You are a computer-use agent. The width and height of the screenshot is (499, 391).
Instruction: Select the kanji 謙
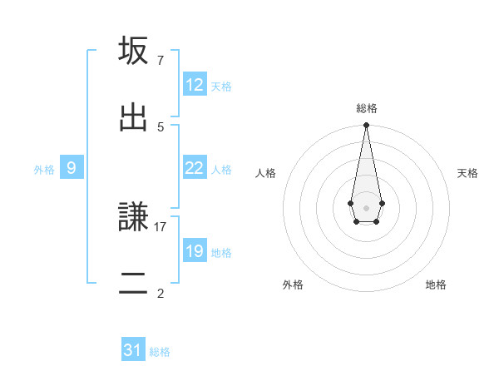click(134, 216)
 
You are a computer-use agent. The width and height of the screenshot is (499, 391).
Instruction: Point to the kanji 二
click(134, 283)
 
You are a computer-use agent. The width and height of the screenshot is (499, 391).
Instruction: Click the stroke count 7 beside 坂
click(161, 61)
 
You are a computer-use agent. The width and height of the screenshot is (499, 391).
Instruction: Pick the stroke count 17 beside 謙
click(161, 226)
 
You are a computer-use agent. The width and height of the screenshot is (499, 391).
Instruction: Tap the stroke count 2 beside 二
click(161, 293)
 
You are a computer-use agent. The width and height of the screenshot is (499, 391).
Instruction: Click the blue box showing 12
click(195, 85)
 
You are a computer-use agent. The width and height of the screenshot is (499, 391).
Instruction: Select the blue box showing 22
click(195, 168)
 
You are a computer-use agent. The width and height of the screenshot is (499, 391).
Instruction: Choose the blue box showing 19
click(195, 251)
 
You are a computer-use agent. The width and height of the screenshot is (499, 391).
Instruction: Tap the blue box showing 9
click(72, 168)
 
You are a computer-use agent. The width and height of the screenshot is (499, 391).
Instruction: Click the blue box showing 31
click(133, 350)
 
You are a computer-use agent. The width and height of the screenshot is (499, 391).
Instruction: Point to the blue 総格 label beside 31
click(160, 352)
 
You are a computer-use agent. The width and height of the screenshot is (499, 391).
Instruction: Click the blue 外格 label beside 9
click(44, 170)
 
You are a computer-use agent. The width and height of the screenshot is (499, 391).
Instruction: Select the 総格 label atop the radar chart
click(366, 108)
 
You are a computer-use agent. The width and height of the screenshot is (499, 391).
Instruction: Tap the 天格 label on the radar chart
click(467, 173)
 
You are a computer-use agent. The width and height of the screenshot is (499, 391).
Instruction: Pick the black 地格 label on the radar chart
click(436, 285)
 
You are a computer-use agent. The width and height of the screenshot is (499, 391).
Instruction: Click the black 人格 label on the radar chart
click(265, 173)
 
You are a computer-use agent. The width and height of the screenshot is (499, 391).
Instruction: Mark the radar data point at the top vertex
click(366, 126)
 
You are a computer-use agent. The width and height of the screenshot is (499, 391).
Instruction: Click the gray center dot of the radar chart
click(366, 207)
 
